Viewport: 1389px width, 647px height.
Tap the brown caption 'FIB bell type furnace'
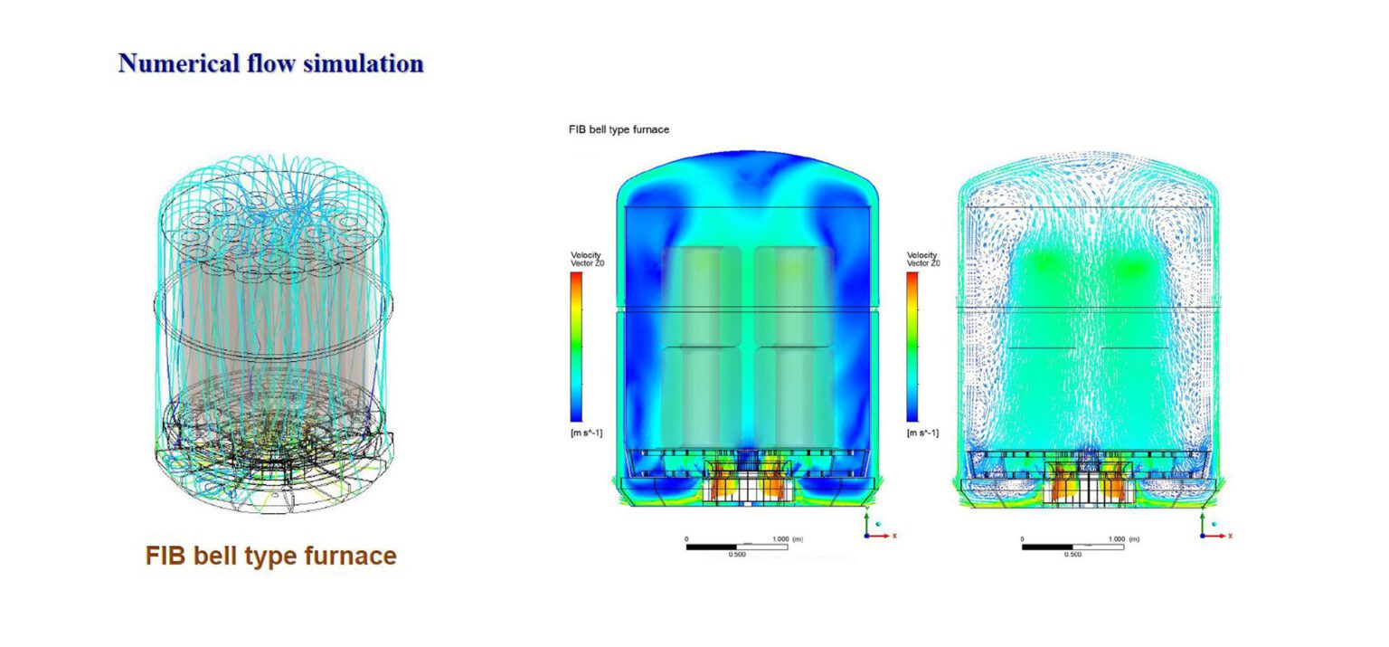(270, 556)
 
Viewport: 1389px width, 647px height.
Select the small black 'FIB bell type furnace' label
(618, 130)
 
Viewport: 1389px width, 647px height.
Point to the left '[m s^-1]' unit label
(586, 433)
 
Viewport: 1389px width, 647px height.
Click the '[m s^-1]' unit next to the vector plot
(922, 433)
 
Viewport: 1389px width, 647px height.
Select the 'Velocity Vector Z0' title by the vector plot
(922, 259)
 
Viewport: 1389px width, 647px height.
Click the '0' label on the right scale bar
(1024, 538)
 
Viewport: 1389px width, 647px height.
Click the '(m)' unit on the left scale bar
(797, 538)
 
